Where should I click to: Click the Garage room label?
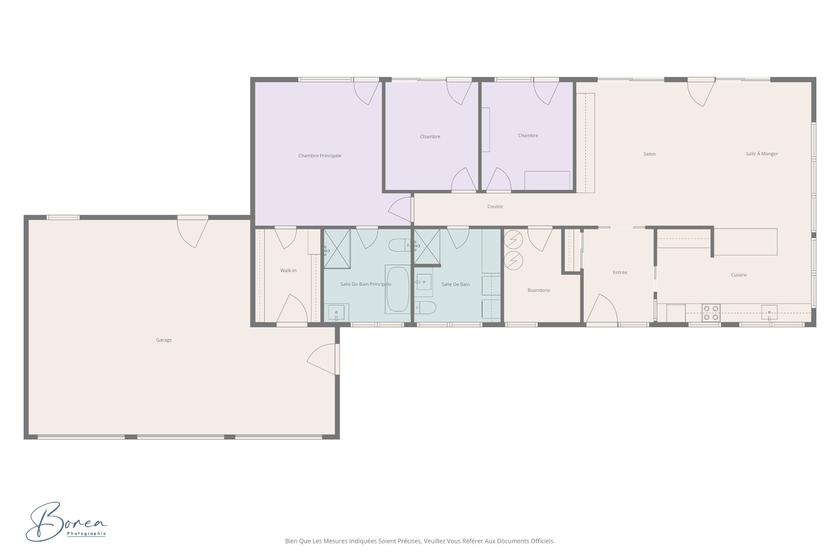pos(164,340)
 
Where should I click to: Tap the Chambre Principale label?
pos(319,156)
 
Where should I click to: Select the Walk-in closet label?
pos(288,270)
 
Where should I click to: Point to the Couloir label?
pos(495,206)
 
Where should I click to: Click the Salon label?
pos(649,154)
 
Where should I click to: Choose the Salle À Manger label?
pos(762,154)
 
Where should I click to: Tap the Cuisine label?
pos(738,275)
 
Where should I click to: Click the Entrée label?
pos(620,272)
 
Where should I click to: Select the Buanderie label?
pos(539,290)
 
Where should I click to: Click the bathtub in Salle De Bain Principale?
pos(397,289)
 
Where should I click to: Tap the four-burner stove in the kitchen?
pos(710,312)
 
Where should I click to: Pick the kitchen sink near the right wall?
pos(769,312)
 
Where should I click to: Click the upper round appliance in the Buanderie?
pos(513,240)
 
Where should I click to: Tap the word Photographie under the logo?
pos(87,534)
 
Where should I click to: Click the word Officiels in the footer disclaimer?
pos(542,541)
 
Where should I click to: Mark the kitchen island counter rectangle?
pos(745,242)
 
